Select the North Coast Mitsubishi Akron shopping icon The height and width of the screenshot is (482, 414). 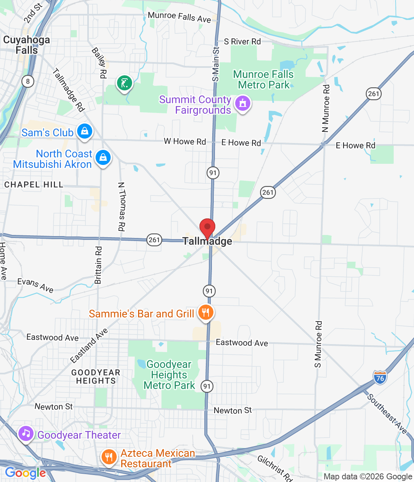coord(103,158)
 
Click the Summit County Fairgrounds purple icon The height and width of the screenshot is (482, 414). coord(243,103)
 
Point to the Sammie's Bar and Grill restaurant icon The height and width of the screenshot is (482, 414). coord(205,313)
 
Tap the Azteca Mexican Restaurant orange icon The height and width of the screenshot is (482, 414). coord(109,457)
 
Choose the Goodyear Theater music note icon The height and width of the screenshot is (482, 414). coord(26,434)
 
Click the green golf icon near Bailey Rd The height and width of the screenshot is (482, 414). coord(125,83)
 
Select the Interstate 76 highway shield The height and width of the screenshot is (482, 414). coord(380,378)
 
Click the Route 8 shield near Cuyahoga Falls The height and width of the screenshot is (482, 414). coord(28,81)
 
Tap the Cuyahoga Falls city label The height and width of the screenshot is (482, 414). coord(26,45)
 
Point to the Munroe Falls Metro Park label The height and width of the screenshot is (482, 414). coord(263,79)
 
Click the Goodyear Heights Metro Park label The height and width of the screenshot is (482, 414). coord(169,375)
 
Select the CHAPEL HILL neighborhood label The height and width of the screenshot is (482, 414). coord(34,185)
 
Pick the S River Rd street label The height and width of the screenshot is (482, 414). coord(242,41)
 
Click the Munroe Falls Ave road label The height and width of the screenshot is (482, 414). coord(179,17)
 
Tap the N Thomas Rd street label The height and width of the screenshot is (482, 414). coord(121,206)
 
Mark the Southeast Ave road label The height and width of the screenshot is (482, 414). coord(387,413)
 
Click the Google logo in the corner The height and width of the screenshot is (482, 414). coord(25,473)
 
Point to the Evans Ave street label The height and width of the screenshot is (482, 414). coord(35,285)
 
